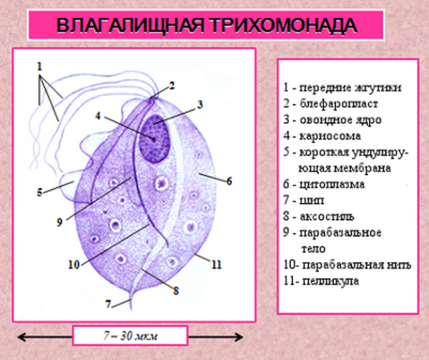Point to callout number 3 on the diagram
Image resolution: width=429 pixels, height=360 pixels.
(200, 104)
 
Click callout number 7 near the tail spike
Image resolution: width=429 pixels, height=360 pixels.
(108, 303)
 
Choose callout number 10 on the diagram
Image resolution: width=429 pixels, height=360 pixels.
(73, 263)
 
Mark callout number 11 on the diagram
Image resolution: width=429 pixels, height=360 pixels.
(217, 263)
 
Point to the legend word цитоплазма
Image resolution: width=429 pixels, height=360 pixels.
(334, 184)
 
